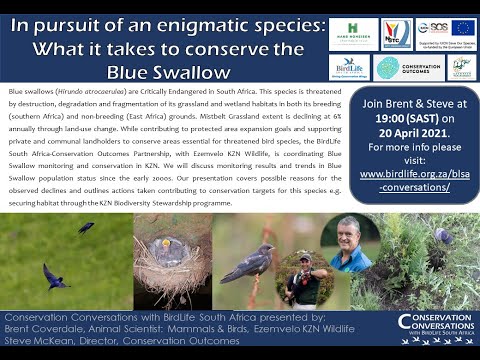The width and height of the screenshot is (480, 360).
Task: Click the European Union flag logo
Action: click(461, 28)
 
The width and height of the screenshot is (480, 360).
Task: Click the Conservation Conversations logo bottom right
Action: click(435, 327)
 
